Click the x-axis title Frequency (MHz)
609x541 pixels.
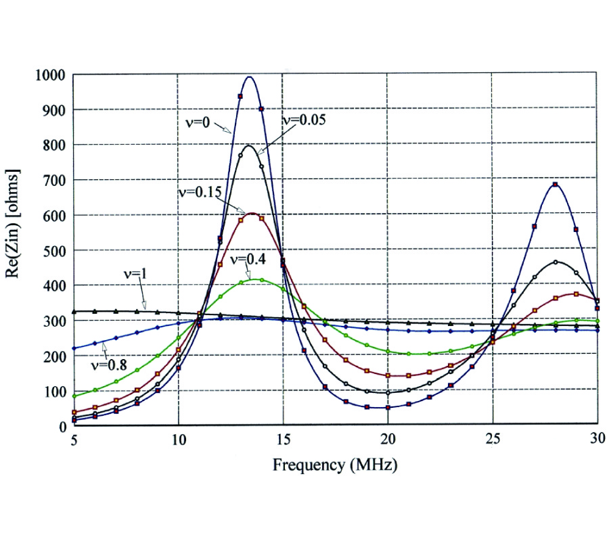334,465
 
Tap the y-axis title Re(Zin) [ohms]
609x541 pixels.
18,251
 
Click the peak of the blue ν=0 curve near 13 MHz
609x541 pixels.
250,76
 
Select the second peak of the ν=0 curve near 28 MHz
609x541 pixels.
555,183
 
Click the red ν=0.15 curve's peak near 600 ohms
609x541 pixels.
252,213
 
